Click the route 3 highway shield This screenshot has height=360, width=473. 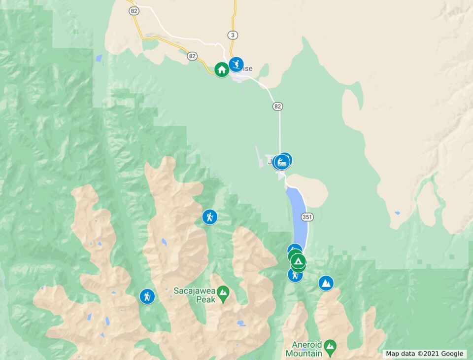coord(233,35)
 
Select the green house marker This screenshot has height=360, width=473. coord(222,70)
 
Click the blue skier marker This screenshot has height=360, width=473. coord(236,64)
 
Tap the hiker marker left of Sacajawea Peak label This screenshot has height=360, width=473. coord(147,296)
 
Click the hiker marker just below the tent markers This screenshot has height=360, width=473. coord(295,275)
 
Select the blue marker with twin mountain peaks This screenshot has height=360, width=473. coord(326,283)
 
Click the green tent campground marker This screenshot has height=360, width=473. coord(298,260)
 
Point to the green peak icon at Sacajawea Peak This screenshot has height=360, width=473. coord(223,294)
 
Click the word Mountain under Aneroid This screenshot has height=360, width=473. coord(304,353)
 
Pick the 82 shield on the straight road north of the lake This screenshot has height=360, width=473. coord(278,107)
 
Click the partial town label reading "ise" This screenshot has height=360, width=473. coord(247,69)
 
